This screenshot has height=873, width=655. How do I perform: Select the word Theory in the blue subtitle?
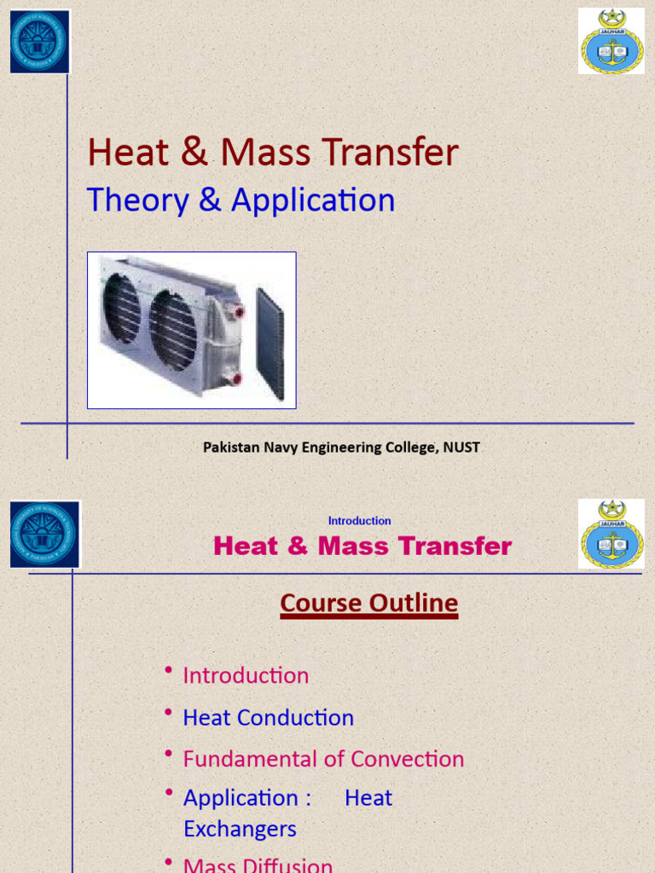(137, 200)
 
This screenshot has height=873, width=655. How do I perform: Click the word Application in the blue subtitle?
(313, 200)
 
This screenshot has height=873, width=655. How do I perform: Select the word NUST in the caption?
(462, 448)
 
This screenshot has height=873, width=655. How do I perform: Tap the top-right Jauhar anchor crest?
(611, 41)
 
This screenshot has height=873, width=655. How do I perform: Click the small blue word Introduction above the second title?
(359, 521)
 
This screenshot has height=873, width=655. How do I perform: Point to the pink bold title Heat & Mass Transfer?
(362, 546)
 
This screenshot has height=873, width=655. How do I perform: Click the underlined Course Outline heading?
(368, 604)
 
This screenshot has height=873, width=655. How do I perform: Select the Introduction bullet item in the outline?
(246, 676)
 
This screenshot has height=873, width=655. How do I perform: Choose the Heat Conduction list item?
(268, 718)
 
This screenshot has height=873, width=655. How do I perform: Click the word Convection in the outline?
(408, 759)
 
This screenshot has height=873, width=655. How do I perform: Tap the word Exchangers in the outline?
(240, 829)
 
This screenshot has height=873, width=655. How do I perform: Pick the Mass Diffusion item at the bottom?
(258, 864)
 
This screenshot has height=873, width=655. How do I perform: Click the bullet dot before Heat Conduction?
(170, 711)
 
